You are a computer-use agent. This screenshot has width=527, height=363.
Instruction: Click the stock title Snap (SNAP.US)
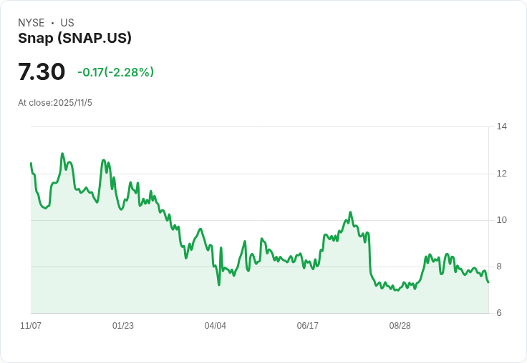74,39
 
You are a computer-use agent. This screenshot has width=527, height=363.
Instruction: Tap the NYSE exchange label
32,23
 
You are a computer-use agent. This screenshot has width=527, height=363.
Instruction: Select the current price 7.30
42,71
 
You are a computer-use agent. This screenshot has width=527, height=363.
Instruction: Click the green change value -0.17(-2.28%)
115,72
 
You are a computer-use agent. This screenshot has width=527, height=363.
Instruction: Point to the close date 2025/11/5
72,103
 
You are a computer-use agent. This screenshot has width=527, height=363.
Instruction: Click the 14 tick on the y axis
501,126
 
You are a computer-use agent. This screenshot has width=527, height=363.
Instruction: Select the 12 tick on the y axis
501,174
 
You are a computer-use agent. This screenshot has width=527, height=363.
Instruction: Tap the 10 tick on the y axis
501,220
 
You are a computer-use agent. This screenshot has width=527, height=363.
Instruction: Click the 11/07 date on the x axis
31,326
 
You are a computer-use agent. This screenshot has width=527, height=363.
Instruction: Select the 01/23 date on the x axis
123,326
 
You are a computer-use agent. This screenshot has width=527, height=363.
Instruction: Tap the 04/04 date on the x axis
215,326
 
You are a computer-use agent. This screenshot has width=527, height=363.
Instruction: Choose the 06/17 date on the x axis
307,326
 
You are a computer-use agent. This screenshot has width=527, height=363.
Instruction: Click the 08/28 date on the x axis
400,326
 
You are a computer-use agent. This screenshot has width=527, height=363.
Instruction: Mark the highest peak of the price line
62,154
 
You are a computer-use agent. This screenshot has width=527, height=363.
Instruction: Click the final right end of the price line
488,282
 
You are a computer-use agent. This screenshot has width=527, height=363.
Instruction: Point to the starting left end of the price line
31,164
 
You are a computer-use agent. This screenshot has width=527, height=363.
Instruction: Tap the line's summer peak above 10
350,212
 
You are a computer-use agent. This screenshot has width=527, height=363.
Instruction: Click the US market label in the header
67,23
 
